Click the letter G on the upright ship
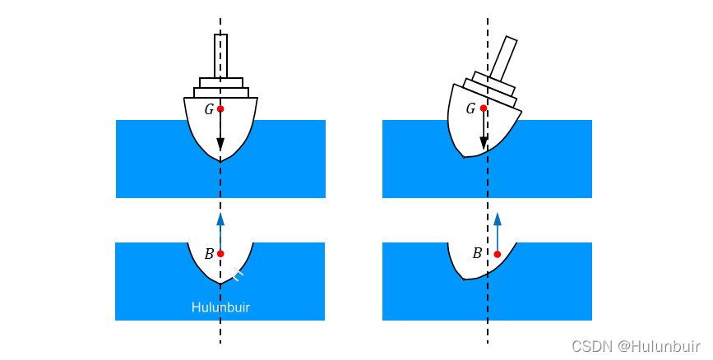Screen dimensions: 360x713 pyautogui.click(x=209, y=109)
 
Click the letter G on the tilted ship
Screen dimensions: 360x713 pyautogui.click(x=470, y=108)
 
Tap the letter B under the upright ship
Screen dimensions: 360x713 pyautogui.click(x=209, y=254)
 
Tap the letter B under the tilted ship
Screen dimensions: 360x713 pyautogui.click(x=477, y=253)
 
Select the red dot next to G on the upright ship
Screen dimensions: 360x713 pyautogui.click(x=220, y=108)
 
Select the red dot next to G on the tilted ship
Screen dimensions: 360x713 pyautogui.click(x=484, y=108)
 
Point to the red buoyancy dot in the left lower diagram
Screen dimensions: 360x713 pyautogui.click(x=220, y=254)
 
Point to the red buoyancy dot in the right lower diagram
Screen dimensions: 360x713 pyautogui.click(x=497, y=254)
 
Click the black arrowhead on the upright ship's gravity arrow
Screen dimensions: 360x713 pyautogui.click(x=220, y=145)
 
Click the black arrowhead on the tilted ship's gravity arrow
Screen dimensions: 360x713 pyautogui.click(x=484, y=144)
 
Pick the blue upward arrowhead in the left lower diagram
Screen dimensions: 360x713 pyautogui.click(x=220, y=219)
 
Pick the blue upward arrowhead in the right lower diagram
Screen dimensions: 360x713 pyautogui.click(x=497, y=219)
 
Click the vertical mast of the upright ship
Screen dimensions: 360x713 pyautogui.click(x=220, y=56)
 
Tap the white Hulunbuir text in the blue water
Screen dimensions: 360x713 pyautogui.click(x=220, y=307)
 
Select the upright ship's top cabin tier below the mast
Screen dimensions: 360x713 pyautogui.click(x=220, y=83)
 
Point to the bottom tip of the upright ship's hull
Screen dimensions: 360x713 pyautogui.click(x=220, y=159)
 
